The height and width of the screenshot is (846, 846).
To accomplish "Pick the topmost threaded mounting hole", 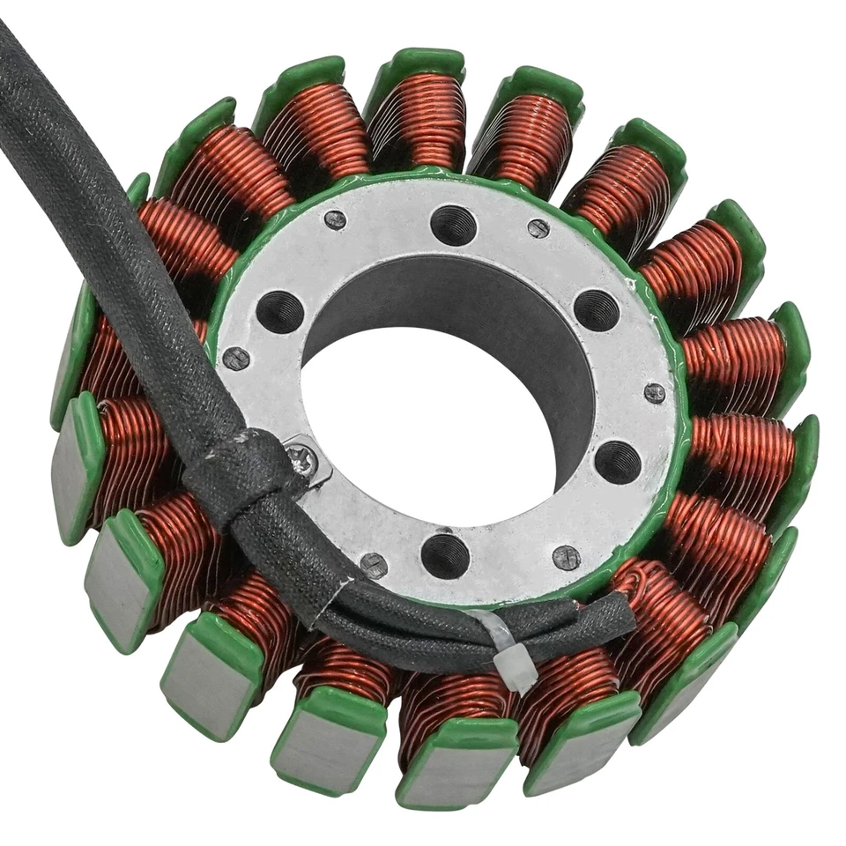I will (x=454, y=225).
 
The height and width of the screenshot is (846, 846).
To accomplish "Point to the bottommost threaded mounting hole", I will (x=445, y=555).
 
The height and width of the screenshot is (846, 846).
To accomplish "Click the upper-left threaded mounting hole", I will (x=280, y=311).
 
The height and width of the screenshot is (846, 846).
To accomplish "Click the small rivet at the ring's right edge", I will (x=654, y=393).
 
